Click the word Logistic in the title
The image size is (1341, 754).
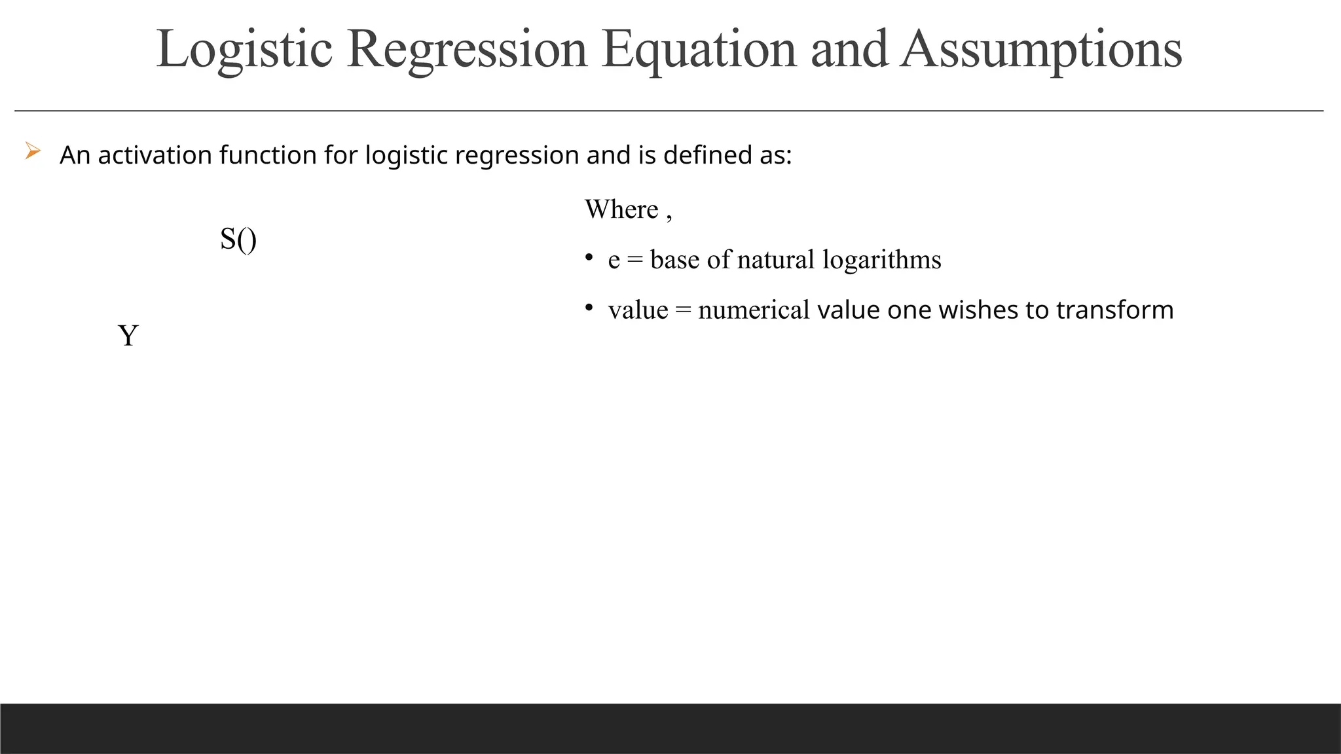[x=244, y=50]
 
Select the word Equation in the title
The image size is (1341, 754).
[x=699, y=50]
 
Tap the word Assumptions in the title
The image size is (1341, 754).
[x=1041, y=50]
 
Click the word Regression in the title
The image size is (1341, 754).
[x=467, y=50]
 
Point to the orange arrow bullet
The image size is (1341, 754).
[x=33, y=152]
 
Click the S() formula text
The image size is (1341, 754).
[x=238, y=239]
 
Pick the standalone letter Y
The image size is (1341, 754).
[x=128, y=336]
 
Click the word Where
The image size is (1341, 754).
[x=621, y=209]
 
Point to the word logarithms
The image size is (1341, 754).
[x=882, y=260]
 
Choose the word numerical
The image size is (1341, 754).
[x=754, y=310]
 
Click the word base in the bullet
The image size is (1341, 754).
[x=674, y=260]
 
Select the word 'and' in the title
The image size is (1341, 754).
[x=849, y=50]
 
